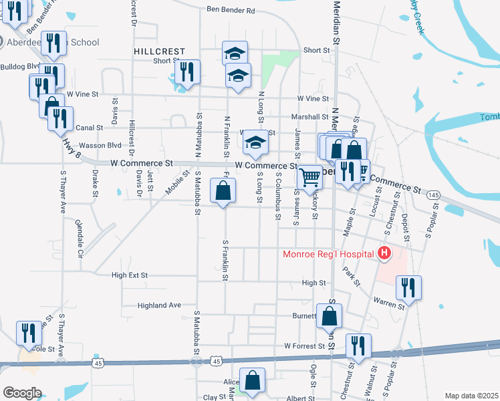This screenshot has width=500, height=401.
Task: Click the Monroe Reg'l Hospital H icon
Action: tap(384, 253)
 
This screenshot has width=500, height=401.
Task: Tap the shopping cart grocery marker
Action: tap(309, 177)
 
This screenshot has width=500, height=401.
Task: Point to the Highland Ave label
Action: tap(159, 305)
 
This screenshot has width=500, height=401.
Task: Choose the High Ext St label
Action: tap(130, 275)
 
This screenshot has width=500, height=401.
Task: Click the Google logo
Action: tap(22, 392)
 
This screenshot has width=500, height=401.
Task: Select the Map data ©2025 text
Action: tap(471, 396)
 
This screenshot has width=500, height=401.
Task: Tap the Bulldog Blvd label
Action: tap(20, 67)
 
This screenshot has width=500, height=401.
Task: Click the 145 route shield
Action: tap(433, 194)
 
